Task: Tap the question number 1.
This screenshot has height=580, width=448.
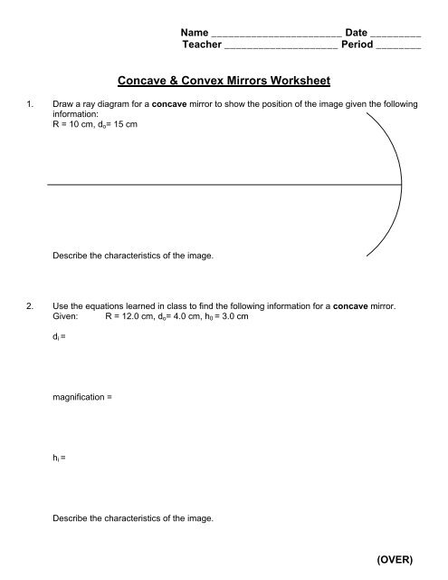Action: (x=33, y=106)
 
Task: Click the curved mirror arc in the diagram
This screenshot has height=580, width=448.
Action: (x=400, y=186)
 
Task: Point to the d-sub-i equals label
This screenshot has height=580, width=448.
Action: (x=60, y=337)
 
